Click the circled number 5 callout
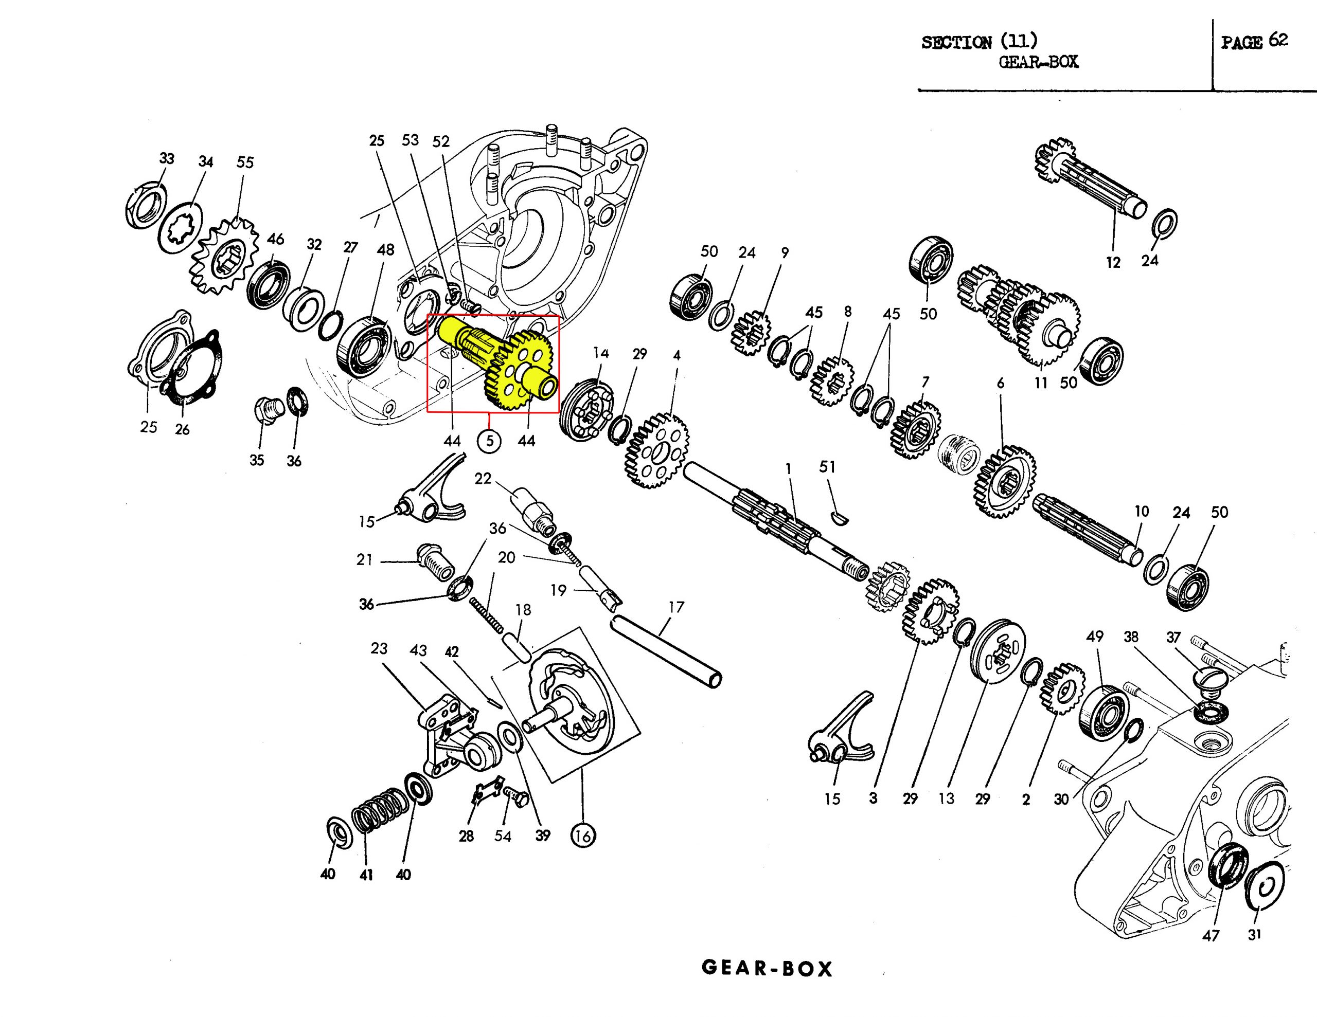tap(489, 441)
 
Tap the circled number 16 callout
tap(582, 836)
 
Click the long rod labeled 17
tap(666, 650)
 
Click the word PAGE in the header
tap(1241, 42)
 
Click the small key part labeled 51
tap(840, 514)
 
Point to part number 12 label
tap(1113, 262)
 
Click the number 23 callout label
tap(379, 649)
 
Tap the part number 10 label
tap(1141, 511)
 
